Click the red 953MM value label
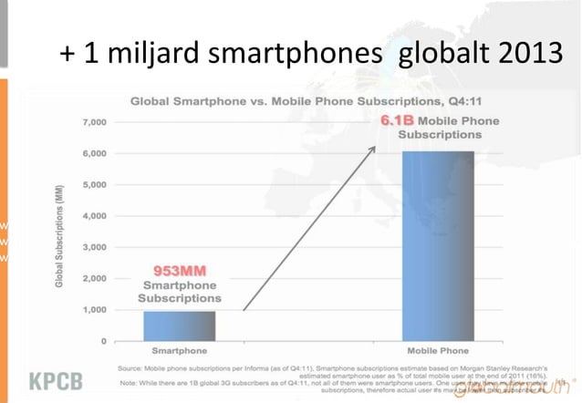[178, 271]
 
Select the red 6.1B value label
[398, 119]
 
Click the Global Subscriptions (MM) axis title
[60, 232]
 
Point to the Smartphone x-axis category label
[178, 350]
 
